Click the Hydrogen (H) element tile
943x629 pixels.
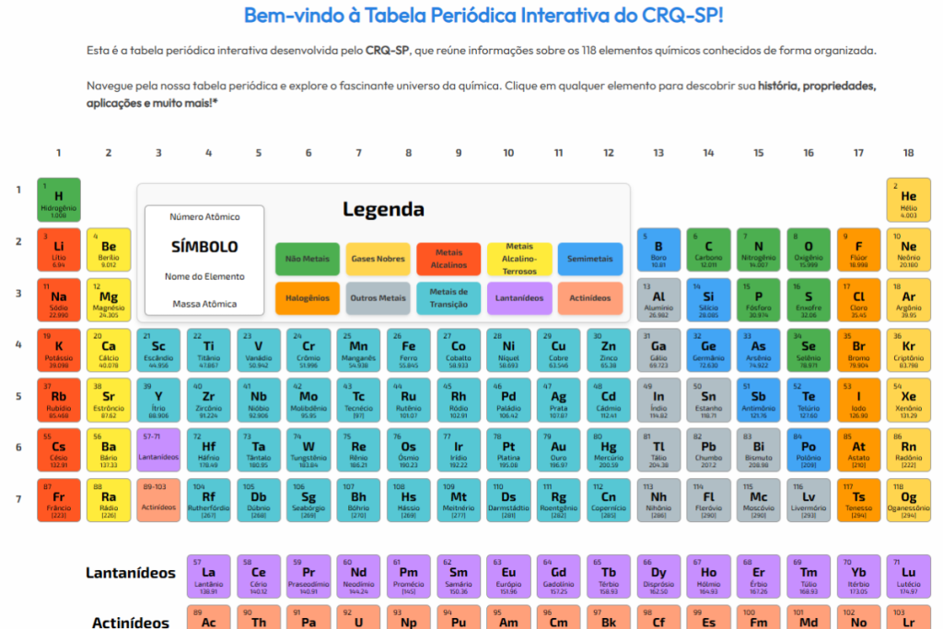tap(59, 199)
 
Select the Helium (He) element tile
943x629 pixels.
tap(908, 199)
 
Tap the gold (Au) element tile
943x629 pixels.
tap(558, 449)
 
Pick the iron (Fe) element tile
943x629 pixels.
tap(408, 349)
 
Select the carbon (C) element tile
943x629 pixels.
tap(708, 250)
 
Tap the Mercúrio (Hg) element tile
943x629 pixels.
tap(609, 449)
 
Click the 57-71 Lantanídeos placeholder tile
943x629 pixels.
tap(158, 449)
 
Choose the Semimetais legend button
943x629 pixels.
tap(590, 259)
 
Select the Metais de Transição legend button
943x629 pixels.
tap(448, 298)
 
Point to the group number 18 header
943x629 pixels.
tap(908, 153)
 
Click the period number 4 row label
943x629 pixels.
tap(17, 345)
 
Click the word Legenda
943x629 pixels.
tap(383, 209)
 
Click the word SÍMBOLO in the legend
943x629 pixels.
tap(204, 247)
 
